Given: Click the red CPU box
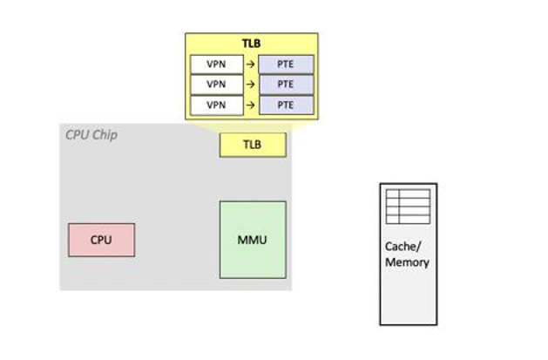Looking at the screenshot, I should click(101, 240).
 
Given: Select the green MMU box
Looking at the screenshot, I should click(252, 240).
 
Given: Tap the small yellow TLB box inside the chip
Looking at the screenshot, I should click(252, 145).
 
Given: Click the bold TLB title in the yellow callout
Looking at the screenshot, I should click(251, 44).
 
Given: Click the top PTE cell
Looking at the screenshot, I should click(285, 64).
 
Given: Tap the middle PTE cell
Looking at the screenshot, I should click(285, 85).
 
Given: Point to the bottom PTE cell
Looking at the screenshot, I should click(285, 105).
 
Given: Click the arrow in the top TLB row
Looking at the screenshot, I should click(248, 64).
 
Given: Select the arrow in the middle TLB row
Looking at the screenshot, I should click(248, 85).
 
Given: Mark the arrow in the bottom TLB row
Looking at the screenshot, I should click(248, 105).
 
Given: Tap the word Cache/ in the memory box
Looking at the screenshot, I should click(407, 247).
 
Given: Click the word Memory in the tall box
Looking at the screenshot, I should click(407, 262).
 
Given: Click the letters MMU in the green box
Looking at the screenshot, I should click(252, 240).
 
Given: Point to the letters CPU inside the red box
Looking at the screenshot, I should click(101, 240).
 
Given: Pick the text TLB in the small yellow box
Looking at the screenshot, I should click(252, 145).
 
